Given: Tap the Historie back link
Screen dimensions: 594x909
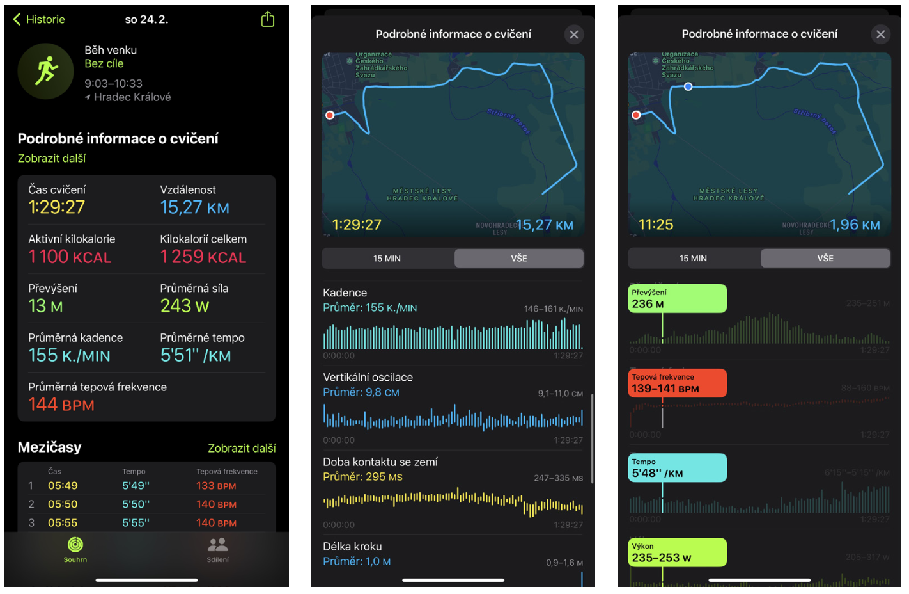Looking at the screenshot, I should coord(39,19).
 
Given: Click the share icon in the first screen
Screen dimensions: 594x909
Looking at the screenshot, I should coord(268,19).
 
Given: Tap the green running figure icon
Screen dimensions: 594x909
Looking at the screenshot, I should coord(46,71).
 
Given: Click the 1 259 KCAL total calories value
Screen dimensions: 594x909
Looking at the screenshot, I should coord(203,257).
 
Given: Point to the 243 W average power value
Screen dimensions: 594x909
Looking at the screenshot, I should coord(185,306).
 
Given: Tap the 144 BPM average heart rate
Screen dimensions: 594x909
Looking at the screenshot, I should coord(61,405).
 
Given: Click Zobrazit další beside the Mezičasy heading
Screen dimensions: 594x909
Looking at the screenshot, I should coord(242,448).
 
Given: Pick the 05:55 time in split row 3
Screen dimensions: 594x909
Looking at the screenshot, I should coord(63,523).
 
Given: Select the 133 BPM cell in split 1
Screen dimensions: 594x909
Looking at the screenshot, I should coord(216,486).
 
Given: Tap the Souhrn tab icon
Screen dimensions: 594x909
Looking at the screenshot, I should coord(75,545).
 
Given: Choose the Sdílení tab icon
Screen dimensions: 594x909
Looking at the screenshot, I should coord(217,545).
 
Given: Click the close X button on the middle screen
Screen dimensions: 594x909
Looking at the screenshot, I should coord(574,35).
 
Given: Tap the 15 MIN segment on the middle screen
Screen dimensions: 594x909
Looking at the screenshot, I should coord(387,258).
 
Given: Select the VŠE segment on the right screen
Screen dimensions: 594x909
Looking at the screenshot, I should coord(825,258).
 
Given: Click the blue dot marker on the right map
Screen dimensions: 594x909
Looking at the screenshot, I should coord(688,86).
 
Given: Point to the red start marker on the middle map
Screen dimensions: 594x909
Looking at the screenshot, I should coord(330,115).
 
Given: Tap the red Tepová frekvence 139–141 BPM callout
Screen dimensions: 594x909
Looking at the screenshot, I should coord(677,383).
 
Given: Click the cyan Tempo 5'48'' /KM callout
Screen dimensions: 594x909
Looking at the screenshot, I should coord(677,468).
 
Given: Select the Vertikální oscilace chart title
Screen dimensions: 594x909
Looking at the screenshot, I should coord(368,377).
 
